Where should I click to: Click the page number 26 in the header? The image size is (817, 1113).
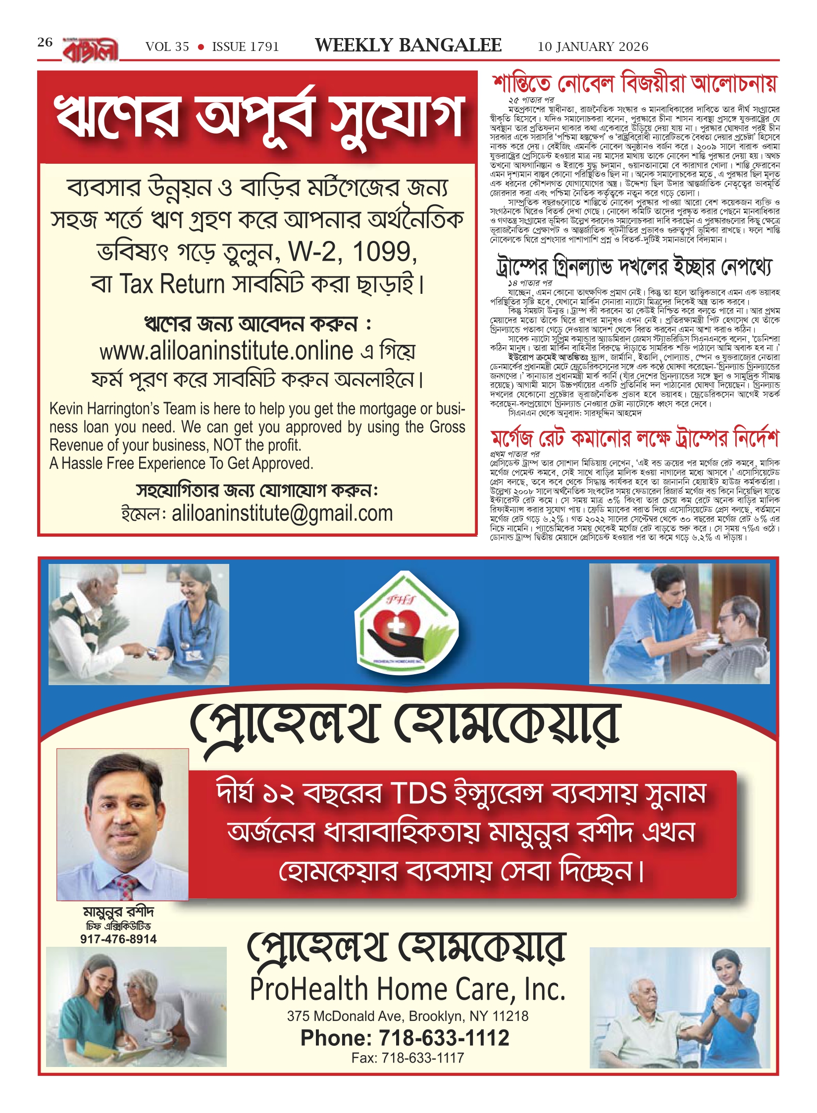45,42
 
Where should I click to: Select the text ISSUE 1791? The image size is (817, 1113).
246,46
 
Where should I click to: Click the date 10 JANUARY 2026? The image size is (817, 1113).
593,46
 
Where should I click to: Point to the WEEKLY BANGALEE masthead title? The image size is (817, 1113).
408,45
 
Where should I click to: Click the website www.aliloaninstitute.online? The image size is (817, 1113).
226,351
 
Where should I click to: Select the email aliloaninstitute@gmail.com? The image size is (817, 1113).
282,513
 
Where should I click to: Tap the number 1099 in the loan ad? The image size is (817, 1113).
384,252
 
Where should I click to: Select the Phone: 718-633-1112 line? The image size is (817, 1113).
405,1037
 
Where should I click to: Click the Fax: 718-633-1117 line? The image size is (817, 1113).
408,1058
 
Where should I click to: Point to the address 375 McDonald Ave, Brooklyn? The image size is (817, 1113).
408,1016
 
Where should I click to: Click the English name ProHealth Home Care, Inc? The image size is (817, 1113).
408,989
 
